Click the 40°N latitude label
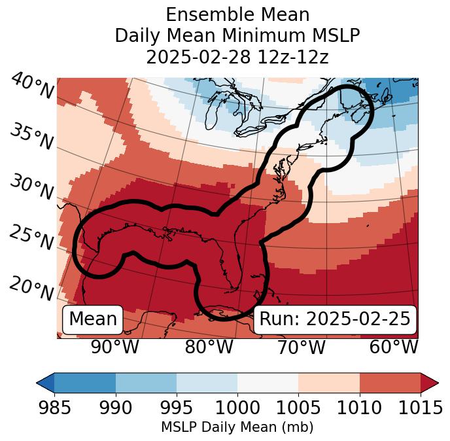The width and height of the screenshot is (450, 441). pos(32,87)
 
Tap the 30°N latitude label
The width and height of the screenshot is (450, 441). pos(31,187)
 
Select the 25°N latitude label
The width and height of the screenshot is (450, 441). pos(31,238)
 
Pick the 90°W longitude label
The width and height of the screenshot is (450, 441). pos(114,347)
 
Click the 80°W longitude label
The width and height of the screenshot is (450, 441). pos(209,347)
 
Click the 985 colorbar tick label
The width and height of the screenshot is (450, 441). pos(54,408)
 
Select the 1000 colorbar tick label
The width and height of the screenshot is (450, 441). pos(237,408)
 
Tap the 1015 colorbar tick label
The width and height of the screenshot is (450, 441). pos(420,408)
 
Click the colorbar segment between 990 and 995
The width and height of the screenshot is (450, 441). pos(146,382)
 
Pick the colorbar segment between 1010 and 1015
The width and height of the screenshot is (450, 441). pos(390,382)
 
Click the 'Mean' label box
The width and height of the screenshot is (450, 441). pos(93,319)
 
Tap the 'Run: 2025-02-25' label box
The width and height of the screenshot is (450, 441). pos(335,319)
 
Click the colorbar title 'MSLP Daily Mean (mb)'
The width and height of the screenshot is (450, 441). pos(237,428)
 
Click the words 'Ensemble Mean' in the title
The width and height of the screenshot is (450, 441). pos(237,14)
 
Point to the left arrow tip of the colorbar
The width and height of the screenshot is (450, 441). pos(38,382)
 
